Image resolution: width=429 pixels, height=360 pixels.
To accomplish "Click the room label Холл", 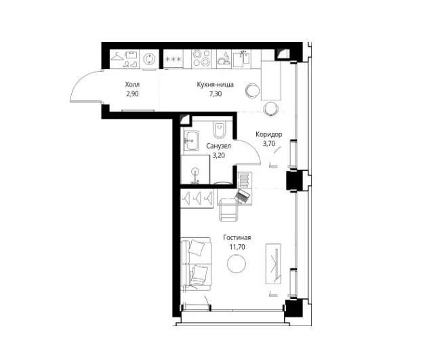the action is pyautogui.click(x=132, y=84).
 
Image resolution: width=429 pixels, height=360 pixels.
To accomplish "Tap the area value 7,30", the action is pyautogui.click(x=216, y=94).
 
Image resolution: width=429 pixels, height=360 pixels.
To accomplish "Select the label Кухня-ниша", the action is pyautogui.click(x=216, y=85).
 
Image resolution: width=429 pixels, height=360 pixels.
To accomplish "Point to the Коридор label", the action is pyautogui.click(x=269, y=134).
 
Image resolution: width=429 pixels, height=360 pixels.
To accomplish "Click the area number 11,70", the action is pyautogui.click(x=237, y=247).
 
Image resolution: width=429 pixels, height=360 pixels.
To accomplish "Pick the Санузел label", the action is pyautogui.click(x=219, y=146).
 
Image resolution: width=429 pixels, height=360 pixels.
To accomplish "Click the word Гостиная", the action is pyautogui.click(x=237, y=238).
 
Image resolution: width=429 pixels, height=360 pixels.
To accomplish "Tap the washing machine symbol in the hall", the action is pyautogui.click(x=149, y=59).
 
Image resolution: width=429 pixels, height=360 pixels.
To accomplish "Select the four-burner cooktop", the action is pyautogui.click(x=201, y=58).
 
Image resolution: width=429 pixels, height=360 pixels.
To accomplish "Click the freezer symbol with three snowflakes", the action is pyautogui.click(x=173, y=59).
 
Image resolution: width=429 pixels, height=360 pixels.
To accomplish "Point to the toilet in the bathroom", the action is pyautogui.click(x=219, y=130).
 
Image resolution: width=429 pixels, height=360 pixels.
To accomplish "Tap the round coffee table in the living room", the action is pyautogui.click(x=237, y=263).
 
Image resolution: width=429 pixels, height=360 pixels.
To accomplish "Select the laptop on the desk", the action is pyautogui.click(x=242, y=196).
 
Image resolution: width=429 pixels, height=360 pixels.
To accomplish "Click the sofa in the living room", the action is pyautogui.click(x=196, y=264).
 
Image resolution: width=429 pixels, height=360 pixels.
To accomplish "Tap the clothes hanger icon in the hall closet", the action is pyautogui.click(x=118, y=57).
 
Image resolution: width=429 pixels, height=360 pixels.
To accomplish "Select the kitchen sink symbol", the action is pyautogui.click(x=241, y=59).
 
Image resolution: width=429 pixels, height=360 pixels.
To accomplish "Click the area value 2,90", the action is pyautogui.click(x=132, y=94).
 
